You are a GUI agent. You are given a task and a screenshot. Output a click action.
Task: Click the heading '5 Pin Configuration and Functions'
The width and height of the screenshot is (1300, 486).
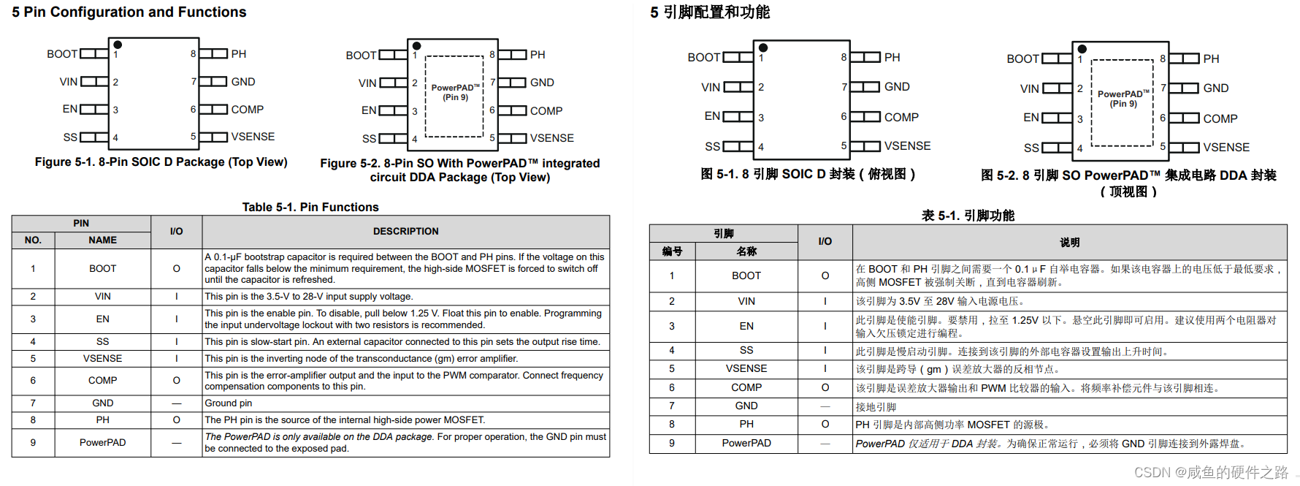pyautogui.click(x=129, y=12)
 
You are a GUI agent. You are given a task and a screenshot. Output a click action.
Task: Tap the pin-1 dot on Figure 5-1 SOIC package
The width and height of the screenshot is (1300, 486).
pyautogui.click(x=118, y=45)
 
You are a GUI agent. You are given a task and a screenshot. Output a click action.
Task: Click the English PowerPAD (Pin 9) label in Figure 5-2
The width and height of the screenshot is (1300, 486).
pyautogui.click(x=455, y=92)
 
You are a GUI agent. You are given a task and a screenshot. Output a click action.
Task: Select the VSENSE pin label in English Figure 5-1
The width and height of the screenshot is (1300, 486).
pyautogui.click(x=253, y=137)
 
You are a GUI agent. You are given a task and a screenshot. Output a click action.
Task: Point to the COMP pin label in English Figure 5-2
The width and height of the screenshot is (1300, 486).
pyautogui.click(x=546, y=111)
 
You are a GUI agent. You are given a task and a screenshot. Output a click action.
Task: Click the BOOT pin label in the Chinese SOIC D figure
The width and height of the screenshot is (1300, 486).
pyautogui.click(x=703, y=58)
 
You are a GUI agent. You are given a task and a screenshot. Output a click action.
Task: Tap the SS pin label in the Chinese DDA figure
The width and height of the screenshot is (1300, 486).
pyautogui.click(x=1031, y=148)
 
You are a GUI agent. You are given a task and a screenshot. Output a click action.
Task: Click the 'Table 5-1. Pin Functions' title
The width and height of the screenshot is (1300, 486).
pyautogui.click(x=310, y=208)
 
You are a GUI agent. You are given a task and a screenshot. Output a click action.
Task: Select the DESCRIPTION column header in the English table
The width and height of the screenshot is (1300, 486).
pyautogui.click(x=405, y=232)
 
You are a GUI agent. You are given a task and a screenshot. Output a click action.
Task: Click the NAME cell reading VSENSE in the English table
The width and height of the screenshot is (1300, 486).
pyautogui.click(x=102, y=359)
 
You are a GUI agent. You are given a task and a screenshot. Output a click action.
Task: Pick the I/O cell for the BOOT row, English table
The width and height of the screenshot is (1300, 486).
pyautogui.click(x=176, y=269)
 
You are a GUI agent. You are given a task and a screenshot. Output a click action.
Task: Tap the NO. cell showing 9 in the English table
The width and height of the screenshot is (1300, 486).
pyautogui.click(x=33, y=443)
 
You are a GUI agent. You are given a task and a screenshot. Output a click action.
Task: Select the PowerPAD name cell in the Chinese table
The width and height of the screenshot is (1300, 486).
pyautogui.click(x=746, y=444)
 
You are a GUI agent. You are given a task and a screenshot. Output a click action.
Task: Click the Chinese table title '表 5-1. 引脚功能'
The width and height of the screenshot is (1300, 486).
pyautogui.click(x=968, y=216)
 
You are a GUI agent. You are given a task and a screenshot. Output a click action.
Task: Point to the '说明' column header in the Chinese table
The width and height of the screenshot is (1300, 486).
pyautogui.click(x=1069, y=243)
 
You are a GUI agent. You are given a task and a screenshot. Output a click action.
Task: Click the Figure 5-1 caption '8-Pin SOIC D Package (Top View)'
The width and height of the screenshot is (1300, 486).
pyautogui.click(x=161, y=162)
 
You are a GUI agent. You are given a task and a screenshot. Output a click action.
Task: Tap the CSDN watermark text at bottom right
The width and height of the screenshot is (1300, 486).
pyautogui.click(x=1212, y=473)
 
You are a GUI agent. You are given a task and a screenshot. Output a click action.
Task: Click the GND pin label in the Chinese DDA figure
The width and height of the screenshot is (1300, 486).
pyautogui.click(x=1215, y=88)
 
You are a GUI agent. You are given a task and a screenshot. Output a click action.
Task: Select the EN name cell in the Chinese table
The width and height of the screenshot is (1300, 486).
pyautogui.click(x=746, y=327)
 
